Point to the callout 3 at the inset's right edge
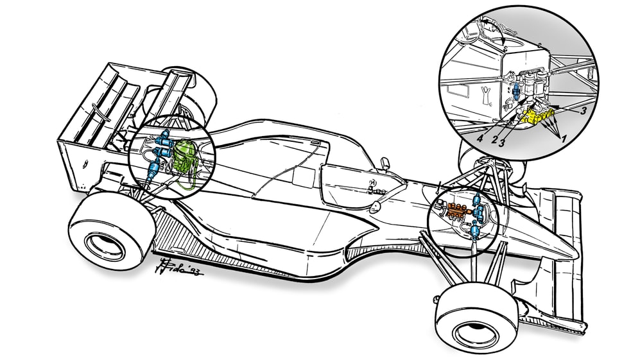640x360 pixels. [584, 111]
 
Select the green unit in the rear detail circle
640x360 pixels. [184, 156]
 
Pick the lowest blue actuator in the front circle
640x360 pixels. [475, 229]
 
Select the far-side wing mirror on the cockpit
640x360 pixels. [385, 163]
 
